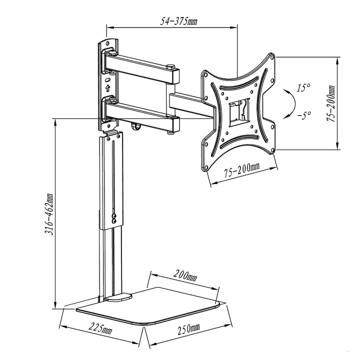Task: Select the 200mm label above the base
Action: [186, 275]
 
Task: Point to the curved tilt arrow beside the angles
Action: [286, 102]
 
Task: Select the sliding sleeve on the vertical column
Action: [111, 180]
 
